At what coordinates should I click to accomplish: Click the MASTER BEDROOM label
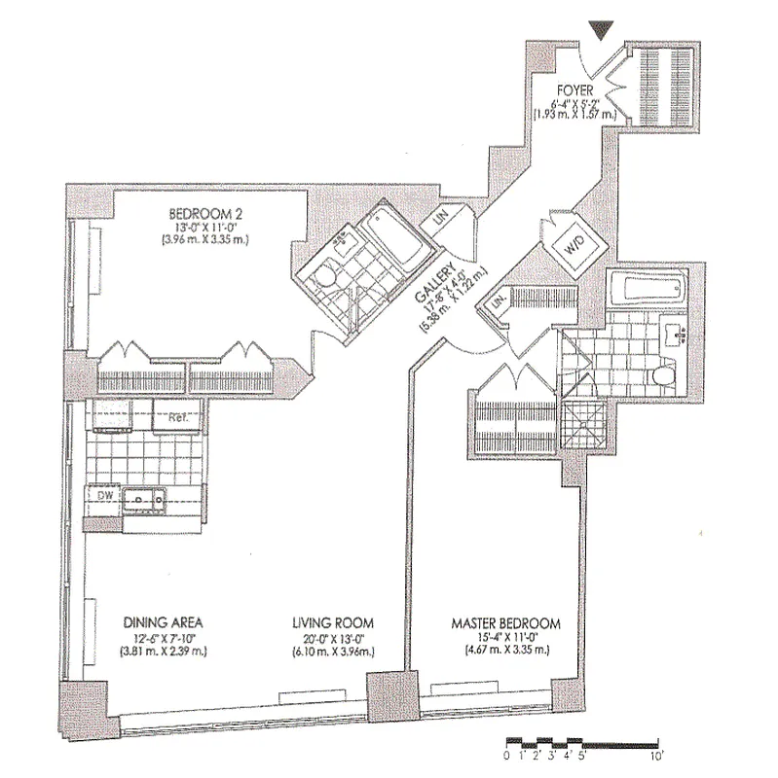[x=505, y=622]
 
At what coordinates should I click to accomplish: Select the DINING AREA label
[x=163, y=622]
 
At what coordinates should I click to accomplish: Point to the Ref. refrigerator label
[x=178, y=418]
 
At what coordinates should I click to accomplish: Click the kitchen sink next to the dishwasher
[x=146, y=500]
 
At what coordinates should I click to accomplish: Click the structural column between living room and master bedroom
[x=385, y=697]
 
